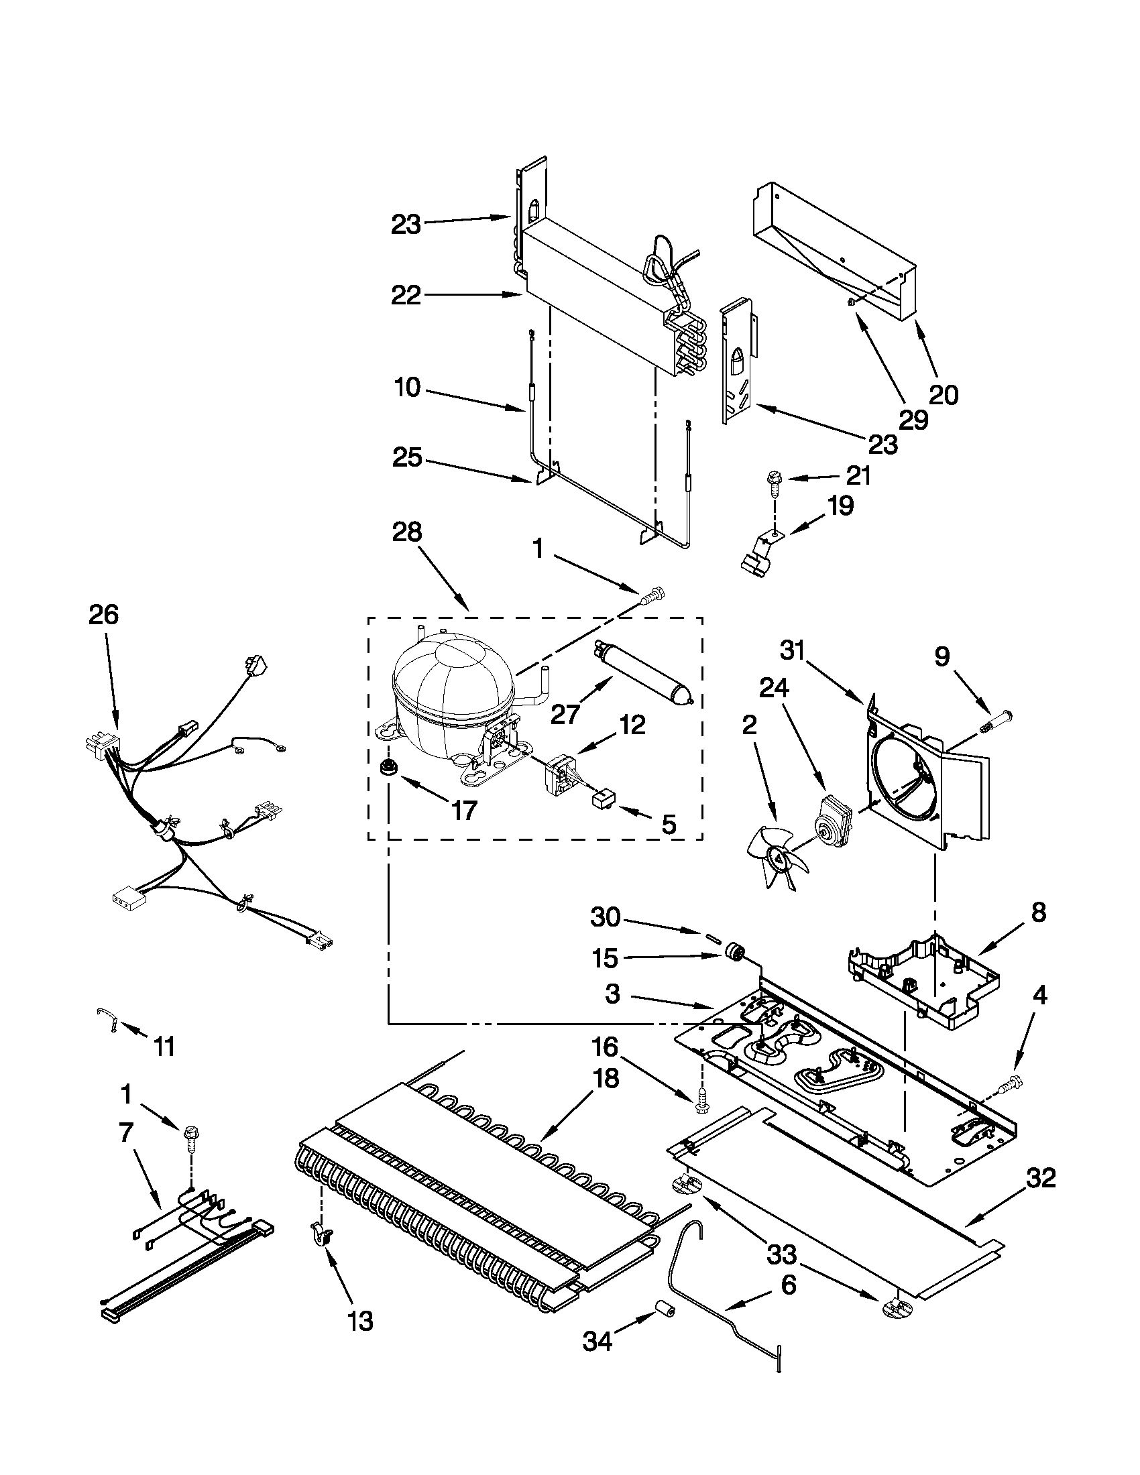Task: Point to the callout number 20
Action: tap(944, 394)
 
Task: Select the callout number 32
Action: tap(1040, 1179)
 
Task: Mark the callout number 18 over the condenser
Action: tap(606, 1079)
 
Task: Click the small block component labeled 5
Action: tap(602, 803)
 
